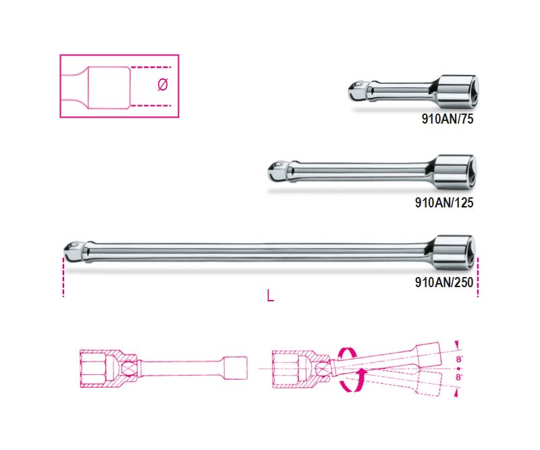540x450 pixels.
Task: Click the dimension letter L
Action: click(x=270, y=295)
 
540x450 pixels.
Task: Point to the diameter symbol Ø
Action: click(x=162, y=86)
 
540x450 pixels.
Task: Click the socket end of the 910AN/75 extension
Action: click(x=461, y=91)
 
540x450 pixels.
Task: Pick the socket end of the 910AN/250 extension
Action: click(x=454, y=251)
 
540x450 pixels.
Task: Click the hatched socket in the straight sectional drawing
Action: click(x=101, y=368)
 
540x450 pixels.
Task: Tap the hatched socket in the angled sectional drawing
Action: click(x=290, y=368)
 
